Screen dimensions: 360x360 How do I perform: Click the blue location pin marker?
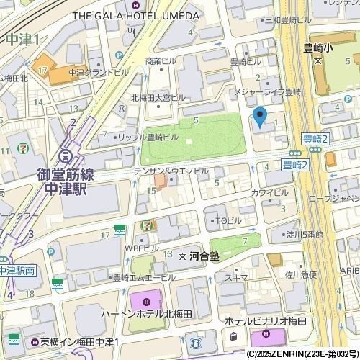coord(260,116)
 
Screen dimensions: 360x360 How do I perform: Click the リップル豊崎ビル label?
coord(149,136)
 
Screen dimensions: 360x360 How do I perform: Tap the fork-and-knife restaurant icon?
coord(129,32)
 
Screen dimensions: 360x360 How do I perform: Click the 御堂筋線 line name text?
coord(62,174)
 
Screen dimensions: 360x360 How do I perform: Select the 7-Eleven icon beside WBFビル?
coord(147,225)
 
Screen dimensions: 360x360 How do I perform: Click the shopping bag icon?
coord(233,336)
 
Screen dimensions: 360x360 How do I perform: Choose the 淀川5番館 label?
coord(307,234)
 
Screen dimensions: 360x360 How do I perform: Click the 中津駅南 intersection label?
coord(16,271)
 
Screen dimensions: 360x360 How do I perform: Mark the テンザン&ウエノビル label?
coord(171,171)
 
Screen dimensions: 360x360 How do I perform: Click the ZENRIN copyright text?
coord(302,354)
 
